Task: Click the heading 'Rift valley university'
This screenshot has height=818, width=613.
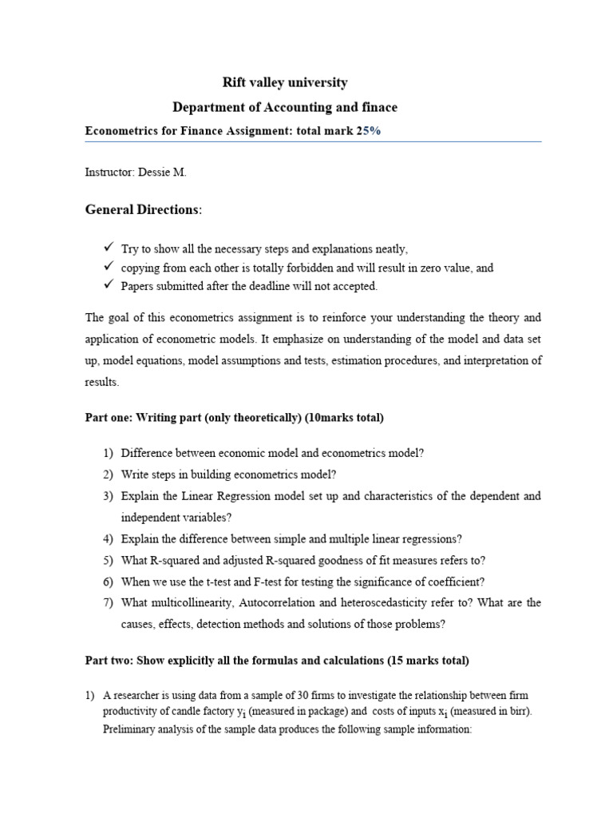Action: point(284,82)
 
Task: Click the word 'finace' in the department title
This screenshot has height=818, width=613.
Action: point(378,106)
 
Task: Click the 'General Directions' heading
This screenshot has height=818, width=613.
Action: point(143,209)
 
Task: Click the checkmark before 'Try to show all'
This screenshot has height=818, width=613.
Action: point(109,248)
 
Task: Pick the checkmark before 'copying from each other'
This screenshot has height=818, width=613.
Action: point(109,267)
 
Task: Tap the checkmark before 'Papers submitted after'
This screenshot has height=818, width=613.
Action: point(109,285)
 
